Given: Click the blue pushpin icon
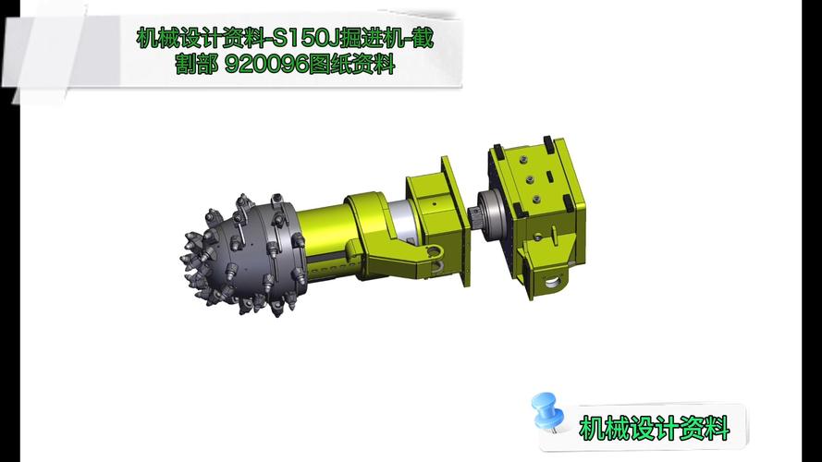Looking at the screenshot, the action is click(x=547, y=412).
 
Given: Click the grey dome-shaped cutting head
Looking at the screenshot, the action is click(x=242, y=255).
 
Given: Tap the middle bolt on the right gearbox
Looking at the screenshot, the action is click(x=530, y=180).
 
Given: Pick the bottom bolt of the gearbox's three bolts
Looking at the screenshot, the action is click(x=536, y=200).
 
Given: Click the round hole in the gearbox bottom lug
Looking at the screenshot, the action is click(x=553, y=284).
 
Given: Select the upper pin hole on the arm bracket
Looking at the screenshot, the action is click(x=433, y=252).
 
